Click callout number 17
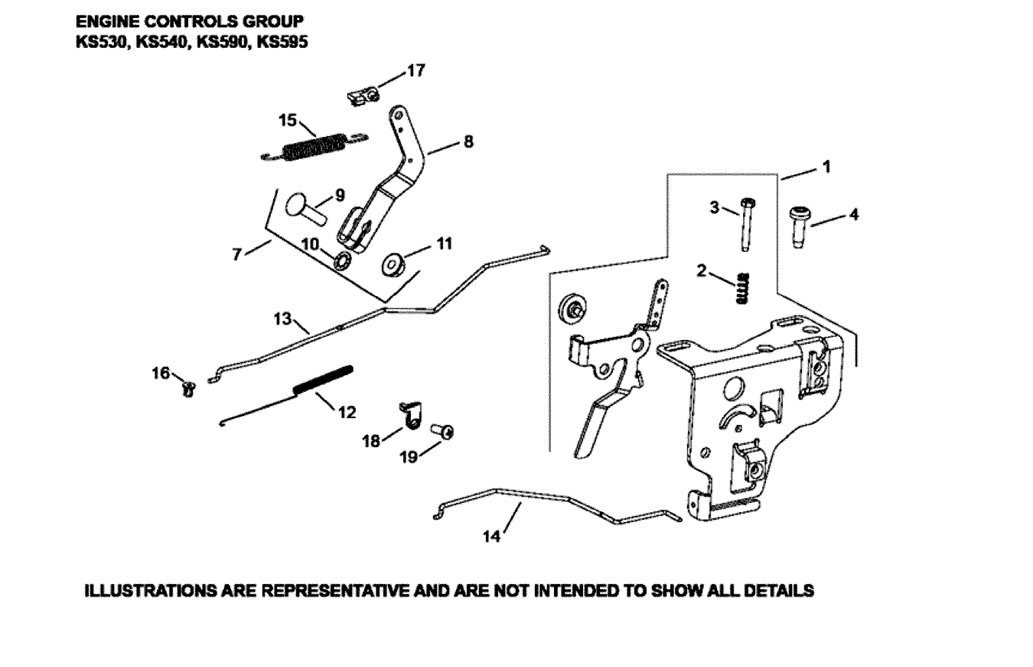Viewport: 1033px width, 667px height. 416,71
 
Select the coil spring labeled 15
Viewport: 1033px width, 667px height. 314,147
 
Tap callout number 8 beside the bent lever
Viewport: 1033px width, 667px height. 468,142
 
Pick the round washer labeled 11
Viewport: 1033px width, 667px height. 393,265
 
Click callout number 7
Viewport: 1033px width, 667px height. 236,254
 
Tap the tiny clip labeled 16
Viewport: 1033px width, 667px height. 189,389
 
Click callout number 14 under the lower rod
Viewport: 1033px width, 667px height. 491,537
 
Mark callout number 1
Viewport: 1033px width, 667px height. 826,167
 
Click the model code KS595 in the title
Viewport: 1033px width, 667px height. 282,42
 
